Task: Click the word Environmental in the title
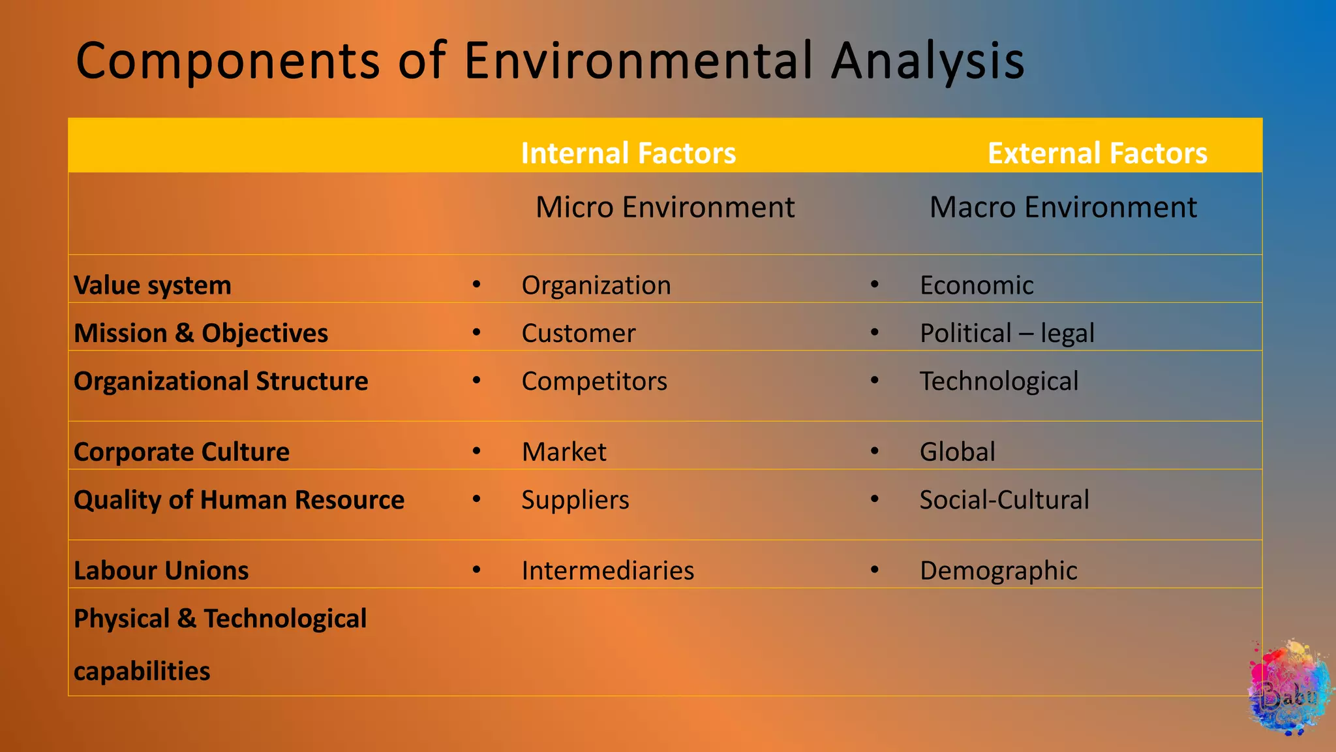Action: (639, 61)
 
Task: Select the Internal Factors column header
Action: (628, 153)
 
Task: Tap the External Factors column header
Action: (1097, 153)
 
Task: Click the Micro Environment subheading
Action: (664, 208)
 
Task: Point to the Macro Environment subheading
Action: (1063, 208)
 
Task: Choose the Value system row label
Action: (152, 286)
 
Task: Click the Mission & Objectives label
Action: (200, 334)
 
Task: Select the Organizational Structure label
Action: (220, 381)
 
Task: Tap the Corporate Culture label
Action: (181, 452)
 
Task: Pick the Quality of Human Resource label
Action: (239, 500)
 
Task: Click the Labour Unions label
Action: (160, 571)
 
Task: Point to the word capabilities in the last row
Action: (142, 672)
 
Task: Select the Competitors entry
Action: (594, 381)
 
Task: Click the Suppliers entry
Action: (575, 500)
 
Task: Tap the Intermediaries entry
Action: (607, 571)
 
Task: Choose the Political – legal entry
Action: (1007, 334)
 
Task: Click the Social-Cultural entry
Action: (1004, 500)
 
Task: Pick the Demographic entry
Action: (998, 571)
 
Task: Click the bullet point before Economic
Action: (874, 285)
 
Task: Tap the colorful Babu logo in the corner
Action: (1289, 689)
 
